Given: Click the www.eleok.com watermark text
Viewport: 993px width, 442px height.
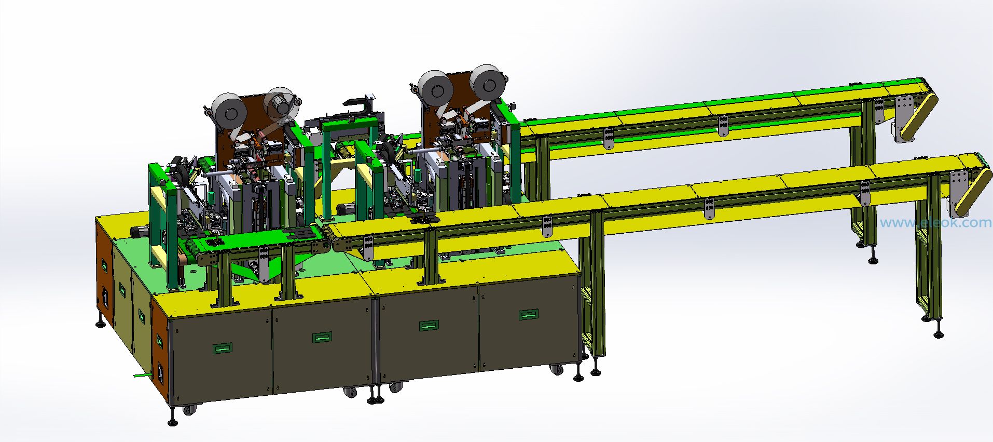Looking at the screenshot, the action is [936, 223].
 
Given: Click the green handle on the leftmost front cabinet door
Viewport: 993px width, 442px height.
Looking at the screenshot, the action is [222, 348].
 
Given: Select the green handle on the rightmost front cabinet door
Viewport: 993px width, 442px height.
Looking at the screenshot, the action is [529, 314].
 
